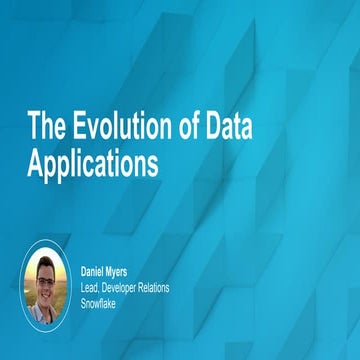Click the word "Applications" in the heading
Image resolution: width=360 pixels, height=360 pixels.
point(92,163)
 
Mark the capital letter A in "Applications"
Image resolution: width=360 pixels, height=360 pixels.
point(35,162)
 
